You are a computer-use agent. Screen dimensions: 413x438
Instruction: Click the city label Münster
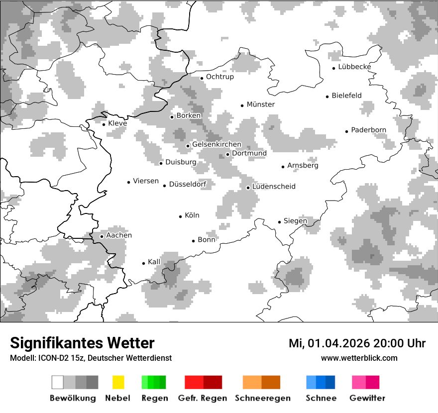[x=261, y=104]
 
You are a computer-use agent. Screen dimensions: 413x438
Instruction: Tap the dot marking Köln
[x=181, y=216]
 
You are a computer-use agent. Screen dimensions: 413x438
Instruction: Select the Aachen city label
[x=119, y=235]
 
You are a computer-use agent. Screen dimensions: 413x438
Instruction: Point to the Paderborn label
[x=368, y=130]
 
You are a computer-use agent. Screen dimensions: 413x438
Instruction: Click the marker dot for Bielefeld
[x=328, y=97]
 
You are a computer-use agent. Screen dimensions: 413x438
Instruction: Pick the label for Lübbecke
[x=354, y=67]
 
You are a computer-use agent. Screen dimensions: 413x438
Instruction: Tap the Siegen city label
[x=295, y=221]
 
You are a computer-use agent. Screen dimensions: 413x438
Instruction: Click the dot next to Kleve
[x=104, y=124]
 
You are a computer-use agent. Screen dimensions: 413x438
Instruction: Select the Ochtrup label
[x=219, y=77]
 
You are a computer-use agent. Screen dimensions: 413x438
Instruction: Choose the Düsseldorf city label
[x=188, y=185]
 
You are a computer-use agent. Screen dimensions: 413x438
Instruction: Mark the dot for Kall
[x=144, y=263]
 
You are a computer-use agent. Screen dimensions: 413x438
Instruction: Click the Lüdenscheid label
[x=274, y=187]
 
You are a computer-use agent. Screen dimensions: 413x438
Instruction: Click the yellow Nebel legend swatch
[x=118, y=382]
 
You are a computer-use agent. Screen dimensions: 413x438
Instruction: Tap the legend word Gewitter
[x=367, y=398]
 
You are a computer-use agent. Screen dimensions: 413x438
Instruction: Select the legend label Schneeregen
[x=263, y=398]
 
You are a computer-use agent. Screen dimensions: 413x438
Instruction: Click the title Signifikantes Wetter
[x=82, y=343]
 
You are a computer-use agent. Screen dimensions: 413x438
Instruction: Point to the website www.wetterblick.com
[x=359, y=358]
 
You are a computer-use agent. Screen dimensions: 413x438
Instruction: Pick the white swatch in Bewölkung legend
[x=58, y=382]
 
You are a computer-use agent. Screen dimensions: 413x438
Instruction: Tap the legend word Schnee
[x=321, y=398]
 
